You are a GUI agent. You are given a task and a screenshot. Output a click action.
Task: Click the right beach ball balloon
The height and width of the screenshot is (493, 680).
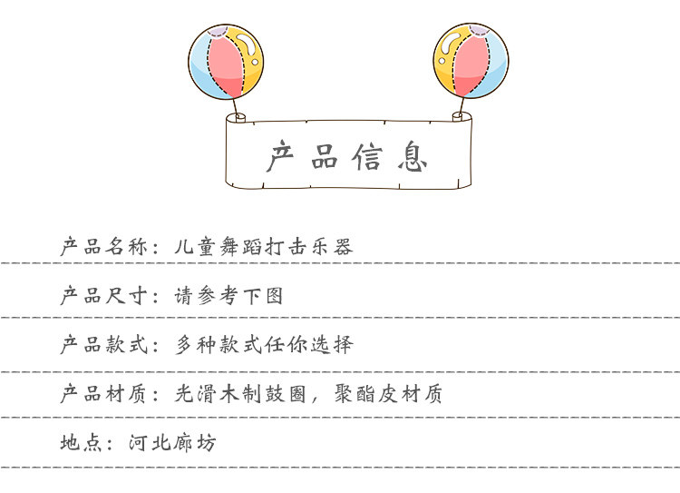471,62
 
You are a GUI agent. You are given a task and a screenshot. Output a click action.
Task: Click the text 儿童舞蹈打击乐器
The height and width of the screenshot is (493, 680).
263,246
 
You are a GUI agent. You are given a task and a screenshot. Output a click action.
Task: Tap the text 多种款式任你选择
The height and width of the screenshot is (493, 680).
264,345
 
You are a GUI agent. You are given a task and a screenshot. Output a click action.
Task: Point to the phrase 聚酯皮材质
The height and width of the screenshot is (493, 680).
397,394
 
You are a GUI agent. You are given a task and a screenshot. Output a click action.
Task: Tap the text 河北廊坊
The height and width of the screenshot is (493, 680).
173,444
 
